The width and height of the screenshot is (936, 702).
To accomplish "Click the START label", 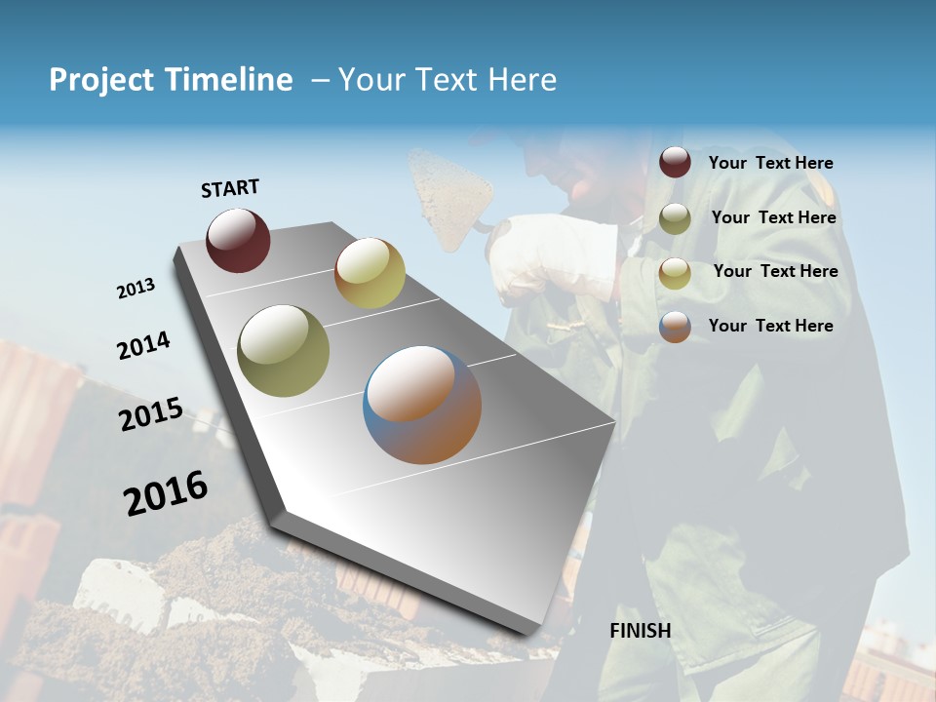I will (x=230, y=188).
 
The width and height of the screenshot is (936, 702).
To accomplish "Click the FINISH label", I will (x=641, y=631).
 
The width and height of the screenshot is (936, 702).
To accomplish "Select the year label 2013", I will (x=136, y=289).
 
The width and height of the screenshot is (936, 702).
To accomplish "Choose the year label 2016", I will (x=166, y=493).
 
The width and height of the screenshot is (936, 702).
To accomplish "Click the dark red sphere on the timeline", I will (x=238, y=240).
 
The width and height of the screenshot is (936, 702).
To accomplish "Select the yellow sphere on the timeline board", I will (x=370, y=273).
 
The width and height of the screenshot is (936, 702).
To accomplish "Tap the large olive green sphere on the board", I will (x=283, y=351).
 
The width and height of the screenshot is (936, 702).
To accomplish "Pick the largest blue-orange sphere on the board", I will (x=422, y=405).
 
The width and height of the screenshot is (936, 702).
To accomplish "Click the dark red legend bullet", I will (x=675, y=163).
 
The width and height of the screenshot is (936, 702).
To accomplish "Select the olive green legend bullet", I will (x=675, y=218).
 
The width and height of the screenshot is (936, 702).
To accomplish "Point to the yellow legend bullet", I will (x=675, y=273).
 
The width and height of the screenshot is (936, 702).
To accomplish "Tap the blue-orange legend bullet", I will (x=675, y=327).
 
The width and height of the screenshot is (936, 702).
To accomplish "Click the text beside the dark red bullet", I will (x=770, y=164).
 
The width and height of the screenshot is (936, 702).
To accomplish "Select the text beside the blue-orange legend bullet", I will (x=770, y=326).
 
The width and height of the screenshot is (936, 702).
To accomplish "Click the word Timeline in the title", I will (x=228, y=80).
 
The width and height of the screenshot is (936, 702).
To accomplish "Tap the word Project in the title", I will (x=101, y=80).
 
